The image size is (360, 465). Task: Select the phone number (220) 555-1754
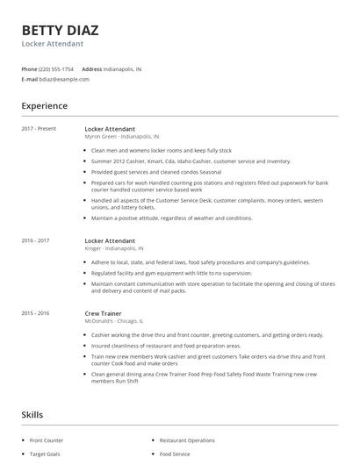coord(56,68)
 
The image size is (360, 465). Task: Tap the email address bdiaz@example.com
coord(65,79)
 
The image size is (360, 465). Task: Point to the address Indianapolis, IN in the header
coord(125,68)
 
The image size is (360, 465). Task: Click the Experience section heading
coord(45,106)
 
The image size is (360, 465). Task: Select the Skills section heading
coord(32,413)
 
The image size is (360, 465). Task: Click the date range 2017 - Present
coord(39,129)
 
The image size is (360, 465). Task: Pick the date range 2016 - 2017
coord(35,240)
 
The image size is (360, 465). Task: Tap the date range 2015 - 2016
coord(35,313)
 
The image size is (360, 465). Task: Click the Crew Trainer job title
coord(103,313)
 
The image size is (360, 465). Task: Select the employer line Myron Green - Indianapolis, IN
coord(122,137)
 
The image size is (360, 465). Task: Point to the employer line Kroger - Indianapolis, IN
coord(115,248)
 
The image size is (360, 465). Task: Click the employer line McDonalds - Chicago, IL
coord(114,321)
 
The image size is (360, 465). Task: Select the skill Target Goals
coord(45,454)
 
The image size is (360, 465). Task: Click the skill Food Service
coord(174,454)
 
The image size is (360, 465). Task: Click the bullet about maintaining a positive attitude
coord(172,218)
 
